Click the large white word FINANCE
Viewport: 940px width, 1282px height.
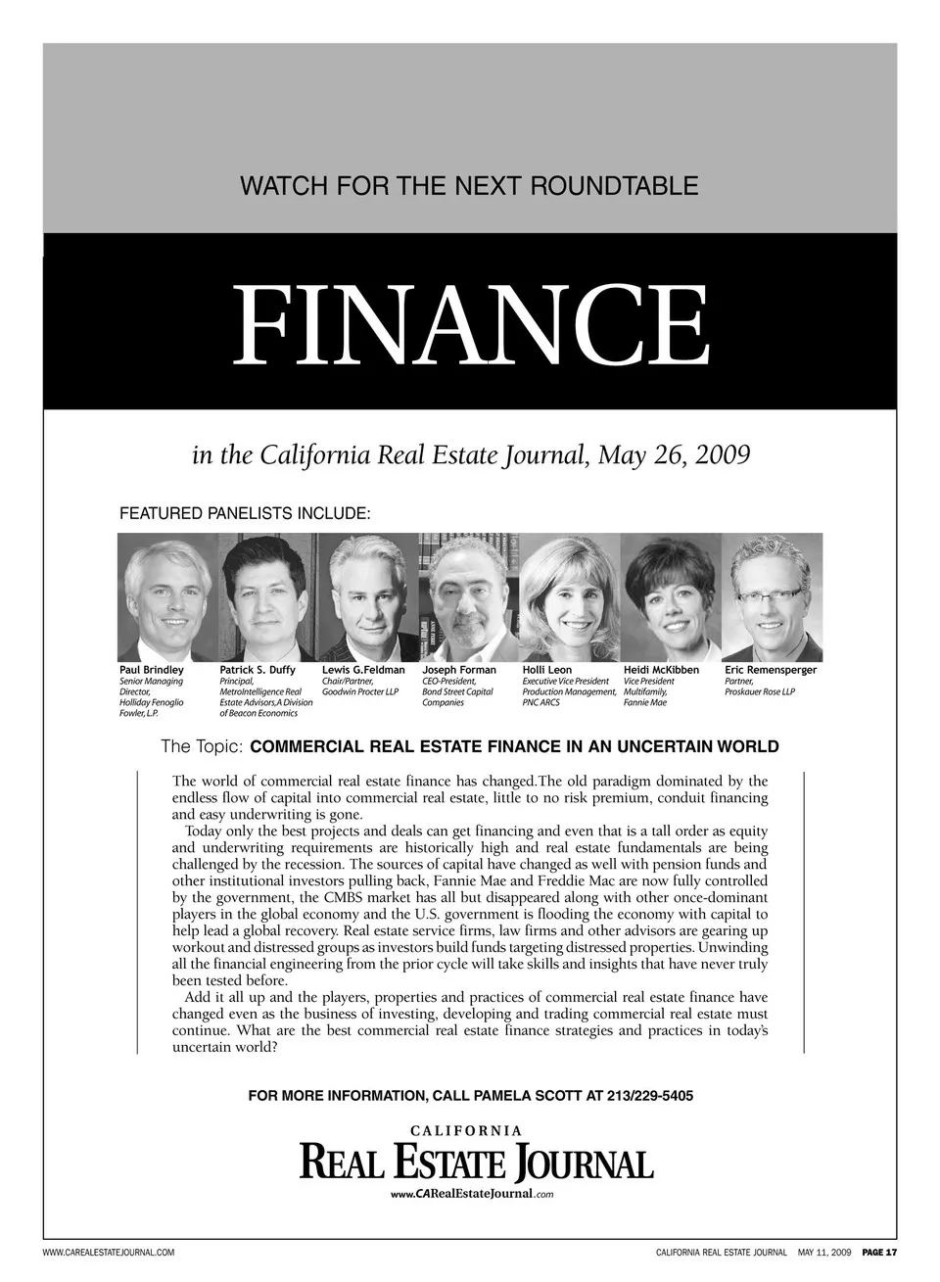click(x=470, y=324)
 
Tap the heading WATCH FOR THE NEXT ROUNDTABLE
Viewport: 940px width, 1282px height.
click(x=470, y=185)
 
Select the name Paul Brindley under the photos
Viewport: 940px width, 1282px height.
click(x=151, y=670)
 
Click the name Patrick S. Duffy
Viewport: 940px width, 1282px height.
click(x=258, y=670)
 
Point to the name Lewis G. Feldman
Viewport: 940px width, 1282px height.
click(x=363, y=670)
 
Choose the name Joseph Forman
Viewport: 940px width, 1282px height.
click(x=459, y=670)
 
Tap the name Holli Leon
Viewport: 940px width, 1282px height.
click(x=547, y=670)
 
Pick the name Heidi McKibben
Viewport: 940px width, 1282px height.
click(x=661, y=670)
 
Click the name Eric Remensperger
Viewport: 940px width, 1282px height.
click(x=771, y=670)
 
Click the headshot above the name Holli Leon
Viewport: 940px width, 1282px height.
click(x=570, y=597)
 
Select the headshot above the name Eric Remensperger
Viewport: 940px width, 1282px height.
click(x=772, y=597)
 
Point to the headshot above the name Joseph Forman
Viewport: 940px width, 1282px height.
click(x=468, y=597)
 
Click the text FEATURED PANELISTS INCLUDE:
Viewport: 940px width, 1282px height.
click(x=244, y=512)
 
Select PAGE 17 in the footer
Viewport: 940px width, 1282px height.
click(x=879, y=1253)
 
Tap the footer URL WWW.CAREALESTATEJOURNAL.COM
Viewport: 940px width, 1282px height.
click(x=109, y=1253)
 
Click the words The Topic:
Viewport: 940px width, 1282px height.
click(x=202, y=747)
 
